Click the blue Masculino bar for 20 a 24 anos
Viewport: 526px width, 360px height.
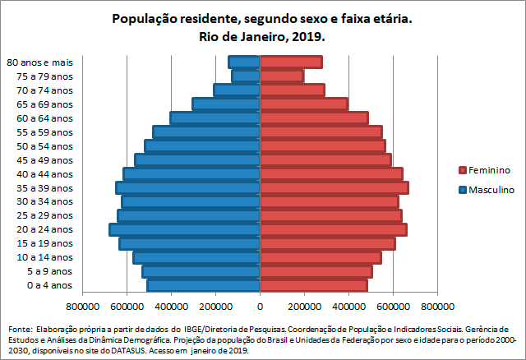click(185, 229)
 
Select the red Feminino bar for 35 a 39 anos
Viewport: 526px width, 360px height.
click(334, 187)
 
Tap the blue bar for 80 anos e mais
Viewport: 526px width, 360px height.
click(244, 62)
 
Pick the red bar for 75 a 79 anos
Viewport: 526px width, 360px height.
click(281, 76)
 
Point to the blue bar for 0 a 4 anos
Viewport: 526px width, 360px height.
click(204, 285)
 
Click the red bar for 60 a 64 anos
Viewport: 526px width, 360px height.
click(313, 118)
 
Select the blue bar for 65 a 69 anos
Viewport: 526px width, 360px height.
click(226, 104)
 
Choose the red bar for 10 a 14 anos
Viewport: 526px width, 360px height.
click(321, 257)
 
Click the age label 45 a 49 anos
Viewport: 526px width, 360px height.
click(50, 160)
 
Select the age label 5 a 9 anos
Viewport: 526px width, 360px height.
click(50, 271)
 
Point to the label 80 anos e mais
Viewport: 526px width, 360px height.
click(39, 62)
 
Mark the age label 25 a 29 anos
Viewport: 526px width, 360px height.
click(50, 215)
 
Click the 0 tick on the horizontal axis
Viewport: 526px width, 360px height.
click(261, 307)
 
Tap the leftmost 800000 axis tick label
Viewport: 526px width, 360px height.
click(83, 307)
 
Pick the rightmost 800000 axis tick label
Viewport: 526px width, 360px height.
click(436, 307)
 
